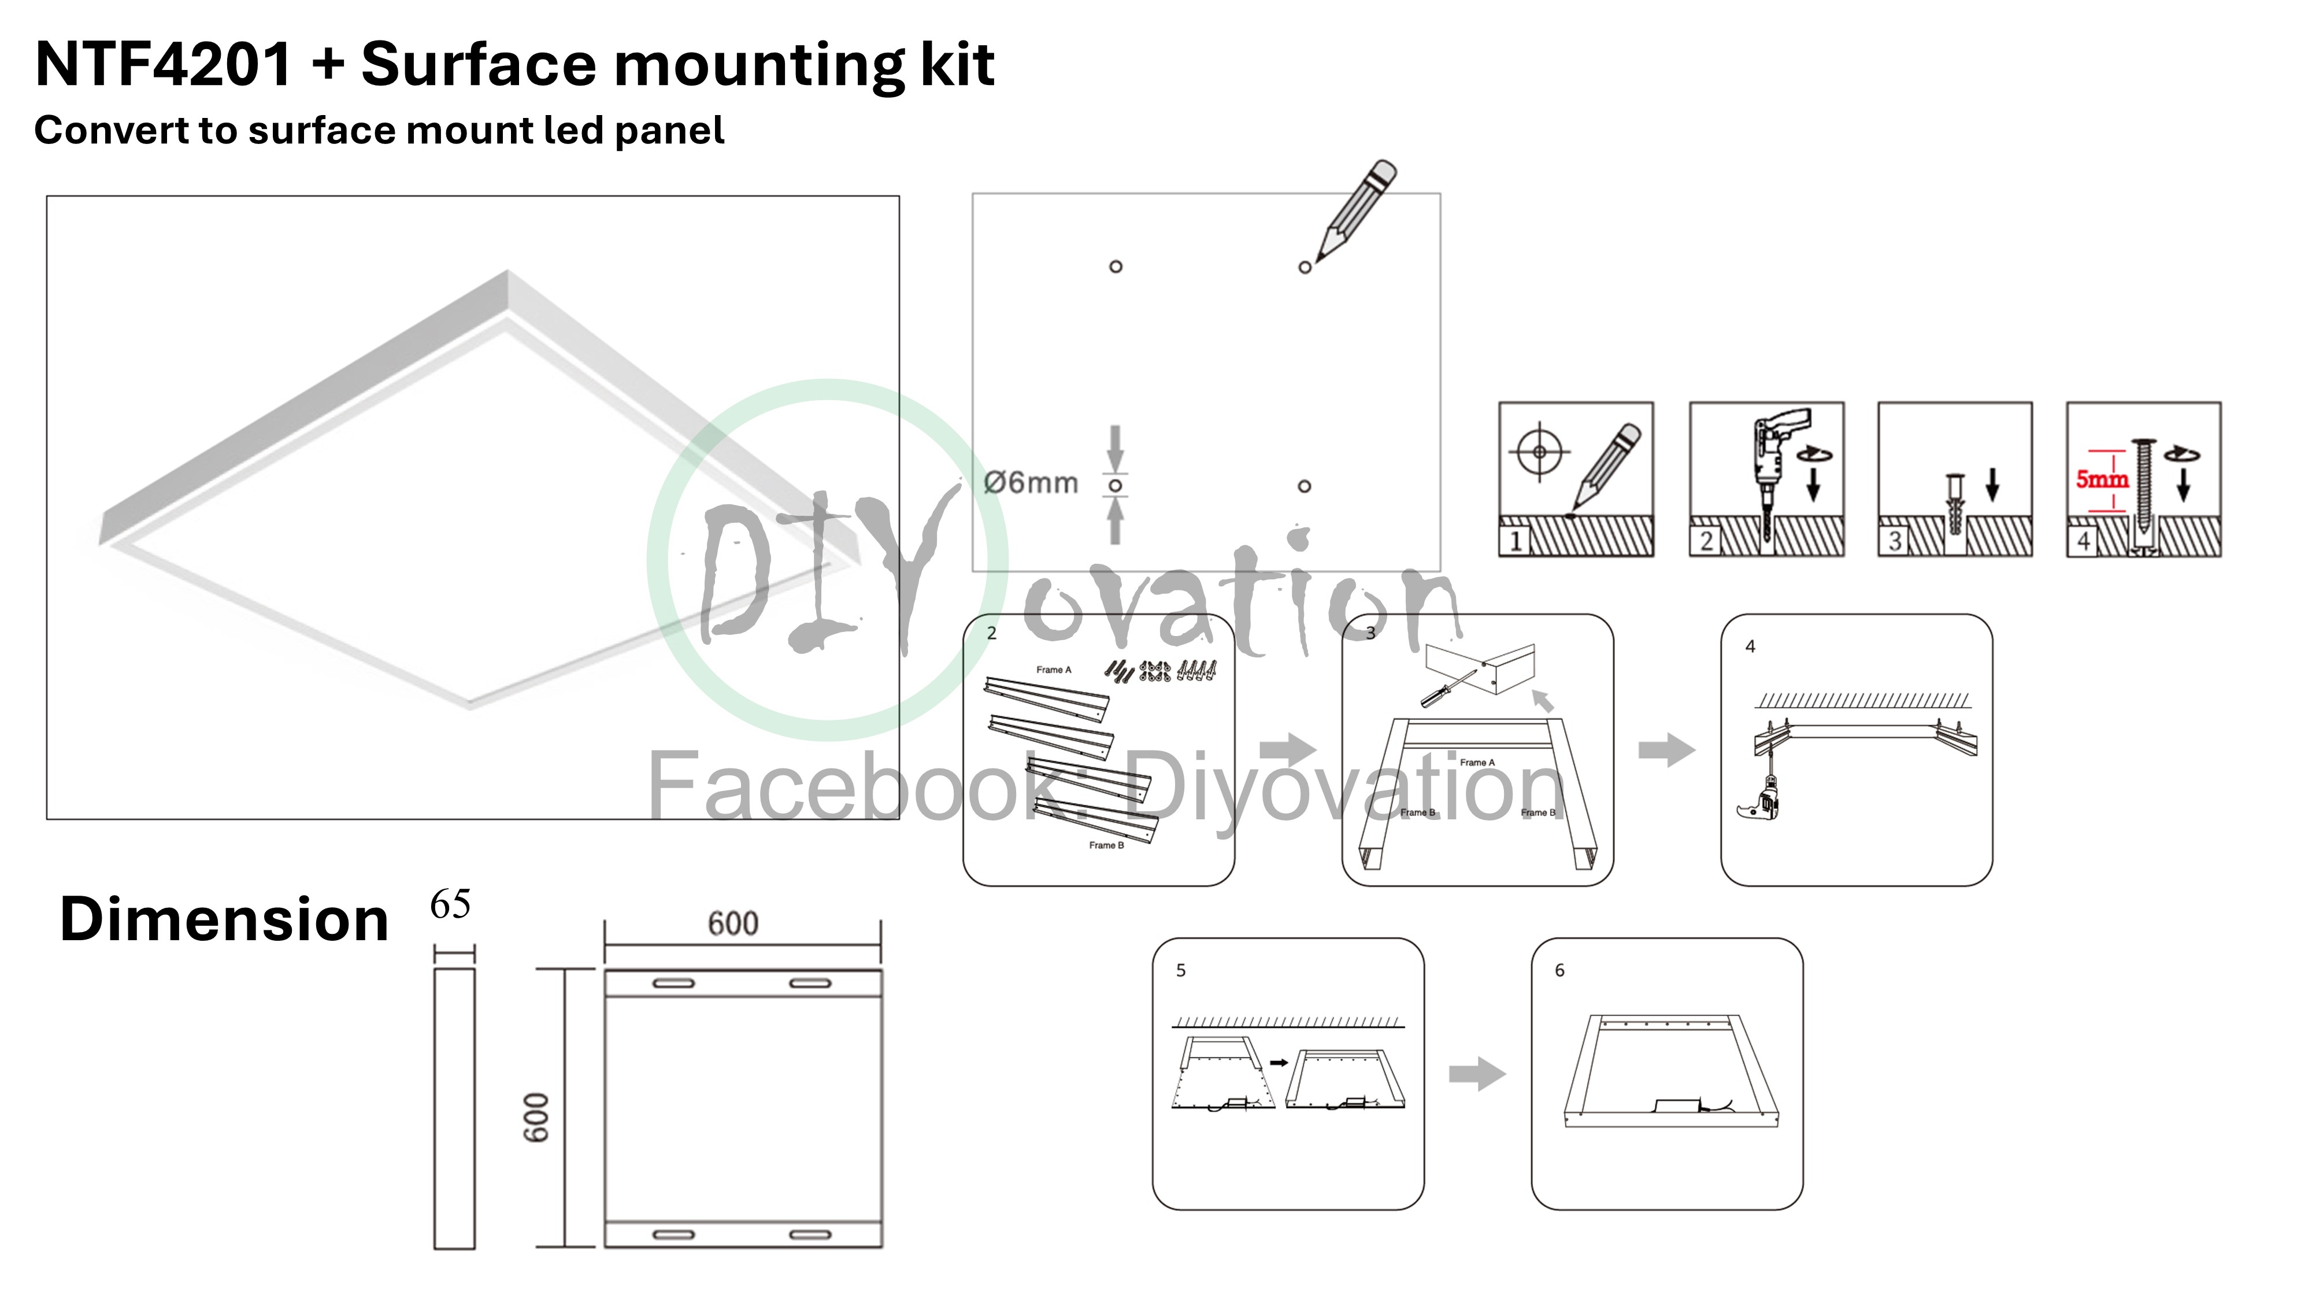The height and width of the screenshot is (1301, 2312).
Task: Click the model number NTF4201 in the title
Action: pos(164,65)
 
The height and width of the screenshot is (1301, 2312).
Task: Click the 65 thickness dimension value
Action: pos(451,904)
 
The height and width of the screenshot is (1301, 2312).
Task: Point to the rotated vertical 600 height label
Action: pos(536,1118)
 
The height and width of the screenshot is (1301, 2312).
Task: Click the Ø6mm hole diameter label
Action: pos(1031,483)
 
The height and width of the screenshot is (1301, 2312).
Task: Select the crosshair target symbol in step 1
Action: pos(1539,452)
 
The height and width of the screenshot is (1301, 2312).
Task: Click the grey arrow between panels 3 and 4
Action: pos(1668,750)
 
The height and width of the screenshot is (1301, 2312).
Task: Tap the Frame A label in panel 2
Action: pos(1054,670)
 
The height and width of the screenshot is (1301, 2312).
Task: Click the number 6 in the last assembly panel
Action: pos(1560,971)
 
